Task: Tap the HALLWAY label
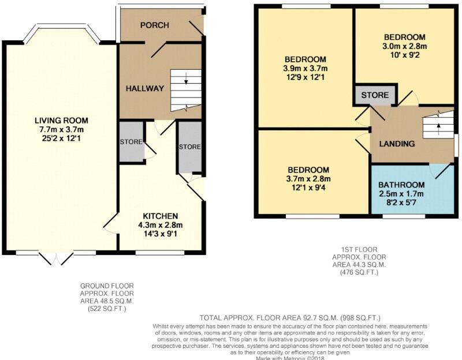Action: [145, 88]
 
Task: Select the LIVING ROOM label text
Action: [61, 121]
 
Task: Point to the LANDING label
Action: [396, 144]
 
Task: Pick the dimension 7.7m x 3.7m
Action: [61, 130]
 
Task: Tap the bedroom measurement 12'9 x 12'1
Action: [305, 78]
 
